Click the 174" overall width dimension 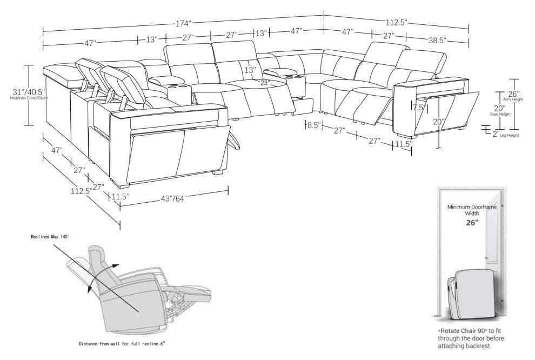click(x=184, y=23)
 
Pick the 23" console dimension click(x=265, y=83)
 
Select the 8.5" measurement click(x=313, y=125)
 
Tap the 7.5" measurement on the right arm click(x=419, y=107)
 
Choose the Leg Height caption click(x=509, y=135)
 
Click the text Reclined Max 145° click(x=50, y=237)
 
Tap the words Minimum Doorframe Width click(x=469, y=210)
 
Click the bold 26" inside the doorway click(x=469, y=222)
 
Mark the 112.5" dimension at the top click(x=396, y=22)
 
